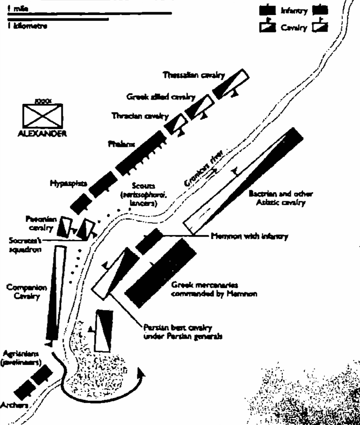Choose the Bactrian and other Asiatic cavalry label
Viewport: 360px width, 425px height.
pyautogui.click(x=276, y=198)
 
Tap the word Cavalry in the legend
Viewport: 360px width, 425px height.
pyautogui.click(x=295, y=28)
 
